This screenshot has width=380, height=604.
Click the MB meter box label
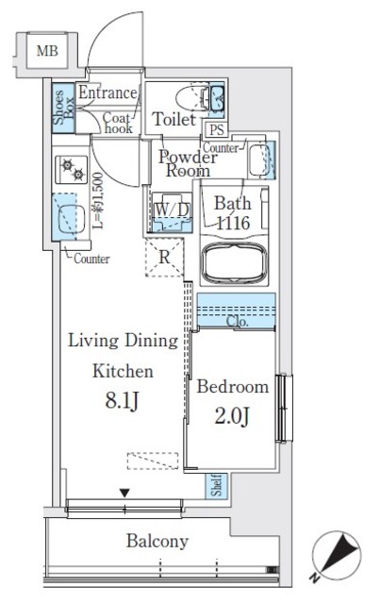pyautogui.click(x=47, y=50)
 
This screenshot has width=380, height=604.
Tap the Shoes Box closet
pyautogui.click(x=63, y=109)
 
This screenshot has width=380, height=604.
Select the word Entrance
pyautogui.click(x=107, y=92)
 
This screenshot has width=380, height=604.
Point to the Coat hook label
pyautogui.click(x=118, y=123)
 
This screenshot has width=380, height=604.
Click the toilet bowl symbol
pyautogui.click(x=191, y=98)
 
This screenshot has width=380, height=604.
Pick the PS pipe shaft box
pyautogui.click(x=216, y=129)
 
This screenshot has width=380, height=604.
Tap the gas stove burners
pyautogui.click(x=72, y=170)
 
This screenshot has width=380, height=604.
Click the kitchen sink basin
pyautogui.click(x=72, y=219)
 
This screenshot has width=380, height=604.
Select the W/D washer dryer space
pyautogui.click(x=172, y=212)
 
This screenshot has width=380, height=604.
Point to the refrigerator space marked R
pyautogui.click(x=164, y=258)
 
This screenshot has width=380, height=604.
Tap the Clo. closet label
pyautogui.click(x=238, y=321)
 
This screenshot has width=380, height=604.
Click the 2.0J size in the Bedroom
pyautogui.click(x=232, y=416)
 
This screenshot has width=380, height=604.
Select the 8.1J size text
pyautogui.click(x=122, y=400)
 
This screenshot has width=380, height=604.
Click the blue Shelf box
pyautogui.click(x=216, y=486)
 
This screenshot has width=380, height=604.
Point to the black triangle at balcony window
pyautogui.click(x=124, y=493)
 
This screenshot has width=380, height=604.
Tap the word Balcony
pyautogui.click(x=157, y=541)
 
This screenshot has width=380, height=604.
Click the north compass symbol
pyautogui.click(x=336, y=556)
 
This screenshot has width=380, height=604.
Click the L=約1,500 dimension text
pyautogui.click(x=97, y=200)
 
